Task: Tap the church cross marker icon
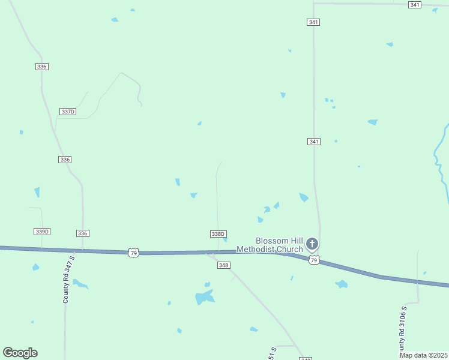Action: point(312,244)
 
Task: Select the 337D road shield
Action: point(68,112)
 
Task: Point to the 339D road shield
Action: point(42,232)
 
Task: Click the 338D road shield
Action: point(218,234)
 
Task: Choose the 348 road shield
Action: point(224,265)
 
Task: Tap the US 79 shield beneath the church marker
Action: point(313,260)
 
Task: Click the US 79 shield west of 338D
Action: point(133,253)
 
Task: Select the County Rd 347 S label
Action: point(68,279)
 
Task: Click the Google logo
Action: point(20,353)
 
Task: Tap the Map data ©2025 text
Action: point(423,355)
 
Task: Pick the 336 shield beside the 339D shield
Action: point(83,233)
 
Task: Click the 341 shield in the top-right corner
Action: point(415,5)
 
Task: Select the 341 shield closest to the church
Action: point(313,142)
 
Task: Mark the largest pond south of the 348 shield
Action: point(204,297)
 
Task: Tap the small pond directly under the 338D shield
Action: point(224,240)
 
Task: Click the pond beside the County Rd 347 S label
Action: point(80,284)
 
